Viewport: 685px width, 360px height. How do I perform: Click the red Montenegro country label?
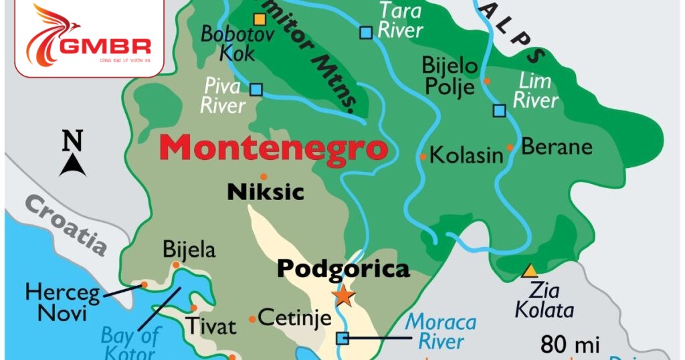274,147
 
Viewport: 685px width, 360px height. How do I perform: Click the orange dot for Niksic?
264,177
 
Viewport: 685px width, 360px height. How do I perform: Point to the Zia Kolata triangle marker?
530,271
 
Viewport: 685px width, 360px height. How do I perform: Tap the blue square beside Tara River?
366,31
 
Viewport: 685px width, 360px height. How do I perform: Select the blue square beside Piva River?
256,89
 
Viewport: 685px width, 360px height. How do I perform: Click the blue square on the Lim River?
499,110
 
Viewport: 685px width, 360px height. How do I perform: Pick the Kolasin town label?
466,156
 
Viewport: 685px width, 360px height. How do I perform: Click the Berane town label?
557,147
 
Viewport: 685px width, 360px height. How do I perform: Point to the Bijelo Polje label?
450,76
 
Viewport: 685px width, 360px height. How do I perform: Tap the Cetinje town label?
294,318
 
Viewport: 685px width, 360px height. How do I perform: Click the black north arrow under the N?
72,165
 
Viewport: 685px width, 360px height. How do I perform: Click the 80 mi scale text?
569,345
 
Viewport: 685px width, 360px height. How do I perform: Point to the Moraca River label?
442,331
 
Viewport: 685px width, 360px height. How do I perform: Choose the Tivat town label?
211,327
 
